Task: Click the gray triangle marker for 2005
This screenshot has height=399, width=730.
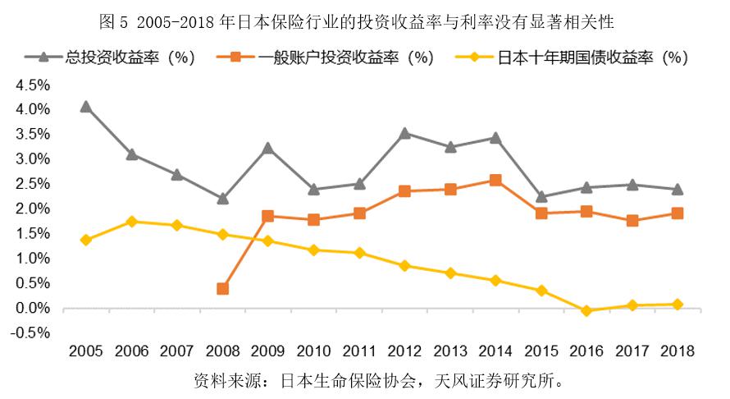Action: click(86, 107)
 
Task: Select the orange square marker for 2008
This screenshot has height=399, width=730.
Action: click(223, 288)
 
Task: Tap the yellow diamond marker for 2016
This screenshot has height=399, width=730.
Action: click(586, 311)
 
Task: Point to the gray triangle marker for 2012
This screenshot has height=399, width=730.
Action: click(404, 133)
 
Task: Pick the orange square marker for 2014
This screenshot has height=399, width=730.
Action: click(495, 180)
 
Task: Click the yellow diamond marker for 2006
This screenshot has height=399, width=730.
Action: click(132, 222)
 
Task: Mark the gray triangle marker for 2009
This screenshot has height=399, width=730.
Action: click(267, 149)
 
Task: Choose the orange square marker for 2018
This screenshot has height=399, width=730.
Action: click(677, 213)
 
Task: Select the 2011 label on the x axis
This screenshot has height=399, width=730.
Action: click(359, 351)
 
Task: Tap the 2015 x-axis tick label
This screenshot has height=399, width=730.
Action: click(541, 351)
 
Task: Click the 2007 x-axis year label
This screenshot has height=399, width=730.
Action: click(177, 351)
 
